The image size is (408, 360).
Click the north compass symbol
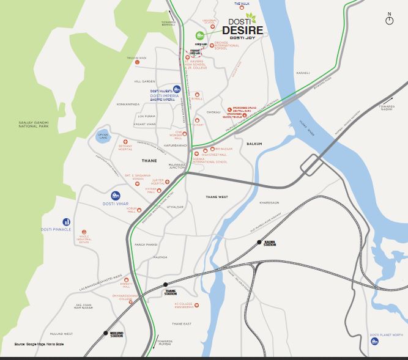coord(389,21)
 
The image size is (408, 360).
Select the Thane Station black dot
coord(166,285)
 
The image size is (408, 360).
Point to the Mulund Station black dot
coord(106,332)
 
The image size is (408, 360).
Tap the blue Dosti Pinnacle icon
coord(66,222)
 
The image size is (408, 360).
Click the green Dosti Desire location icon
coord(199,35)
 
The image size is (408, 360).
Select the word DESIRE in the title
coord(243,30)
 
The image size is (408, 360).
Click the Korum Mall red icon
coord(138,210)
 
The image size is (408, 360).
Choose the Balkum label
coord(254,144)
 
